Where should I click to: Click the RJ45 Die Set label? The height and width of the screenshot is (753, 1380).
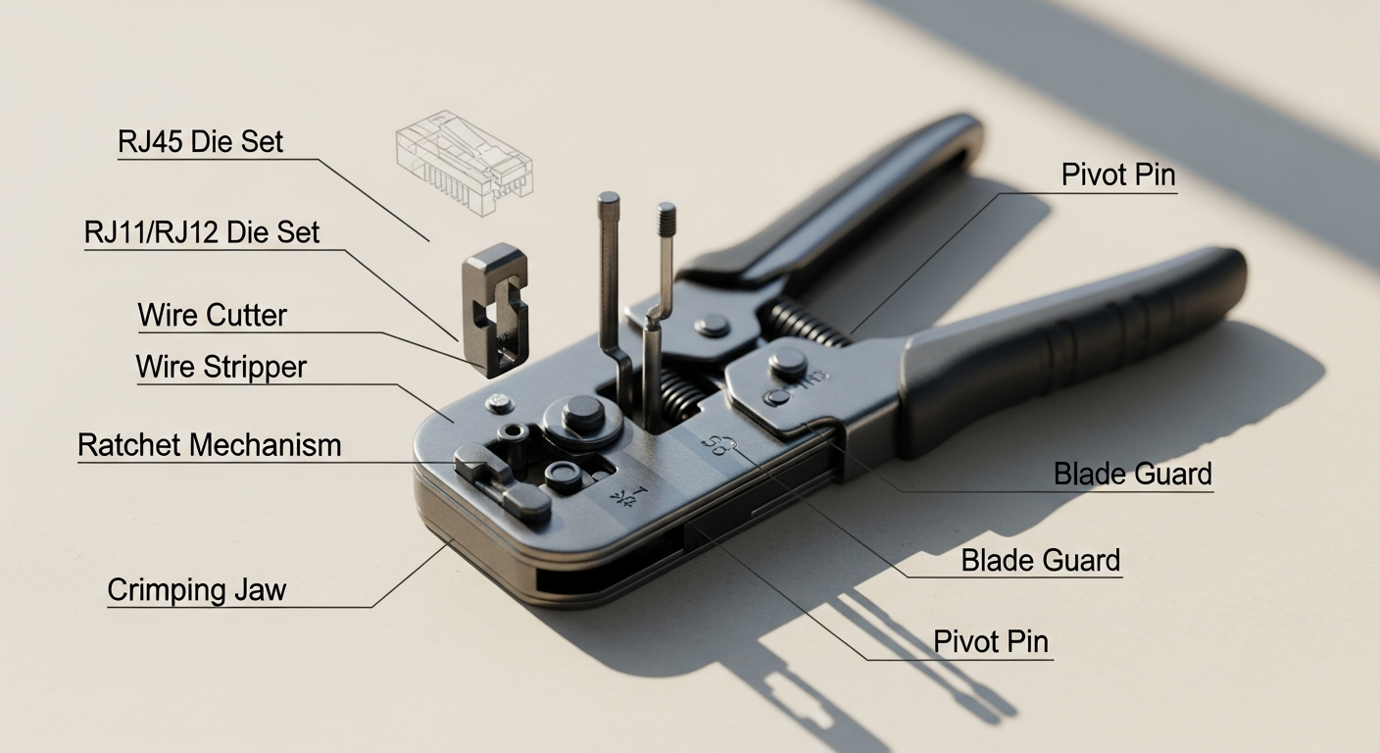pyautogui.click(x=200, y=141)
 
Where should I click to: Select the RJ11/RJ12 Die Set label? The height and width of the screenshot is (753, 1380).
pyautogui.click(x=202, y=232)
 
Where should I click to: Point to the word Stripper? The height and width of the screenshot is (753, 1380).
pyautogui.click(x=253, y=368)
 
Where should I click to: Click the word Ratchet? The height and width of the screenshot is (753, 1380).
pyautogui.click(x=129, y=445)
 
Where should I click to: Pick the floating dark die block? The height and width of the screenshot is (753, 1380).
pyautogui.click(x=496, y=308)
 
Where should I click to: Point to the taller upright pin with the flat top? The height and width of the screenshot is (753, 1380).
pyautogui.click(x=610, y=284)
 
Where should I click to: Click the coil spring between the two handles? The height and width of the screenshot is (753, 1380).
pyautogui.click(x=806, y=324)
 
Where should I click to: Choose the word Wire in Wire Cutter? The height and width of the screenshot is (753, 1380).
pyautogui.click(x=170, y=316)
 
